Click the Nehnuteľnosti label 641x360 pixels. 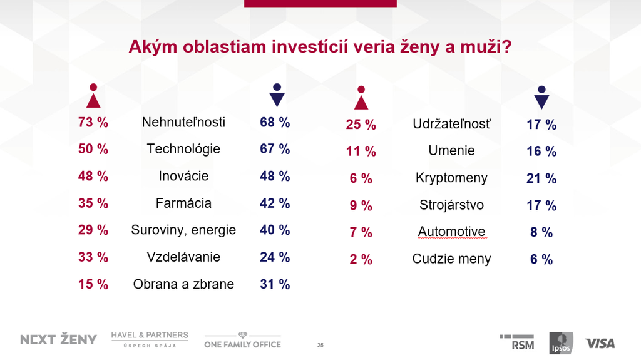click(183, 122)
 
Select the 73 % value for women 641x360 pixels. click(93, 122)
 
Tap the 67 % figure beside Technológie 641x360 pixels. click(275, 149)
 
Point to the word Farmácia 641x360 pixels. click(183, 203)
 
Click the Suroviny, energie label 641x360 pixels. click(183, 230)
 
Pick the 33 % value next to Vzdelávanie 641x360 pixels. click(93, 257)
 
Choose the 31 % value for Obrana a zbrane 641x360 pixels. click(275, 284)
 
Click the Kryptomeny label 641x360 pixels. click(451, 178)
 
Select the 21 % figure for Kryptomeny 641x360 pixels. click(541, 178)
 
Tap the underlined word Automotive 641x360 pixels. click(451, 232)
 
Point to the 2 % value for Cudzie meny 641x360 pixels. click(361, 259)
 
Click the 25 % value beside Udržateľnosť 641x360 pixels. click(361, 125)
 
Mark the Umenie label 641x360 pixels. click(451, 151)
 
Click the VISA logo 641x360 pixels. click(600, 343)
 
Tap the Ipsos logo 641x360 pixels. click(561, 342)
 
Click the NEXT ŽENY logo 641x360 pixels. click(59, 339)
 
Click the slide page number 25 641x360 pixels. click(320, 346)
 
